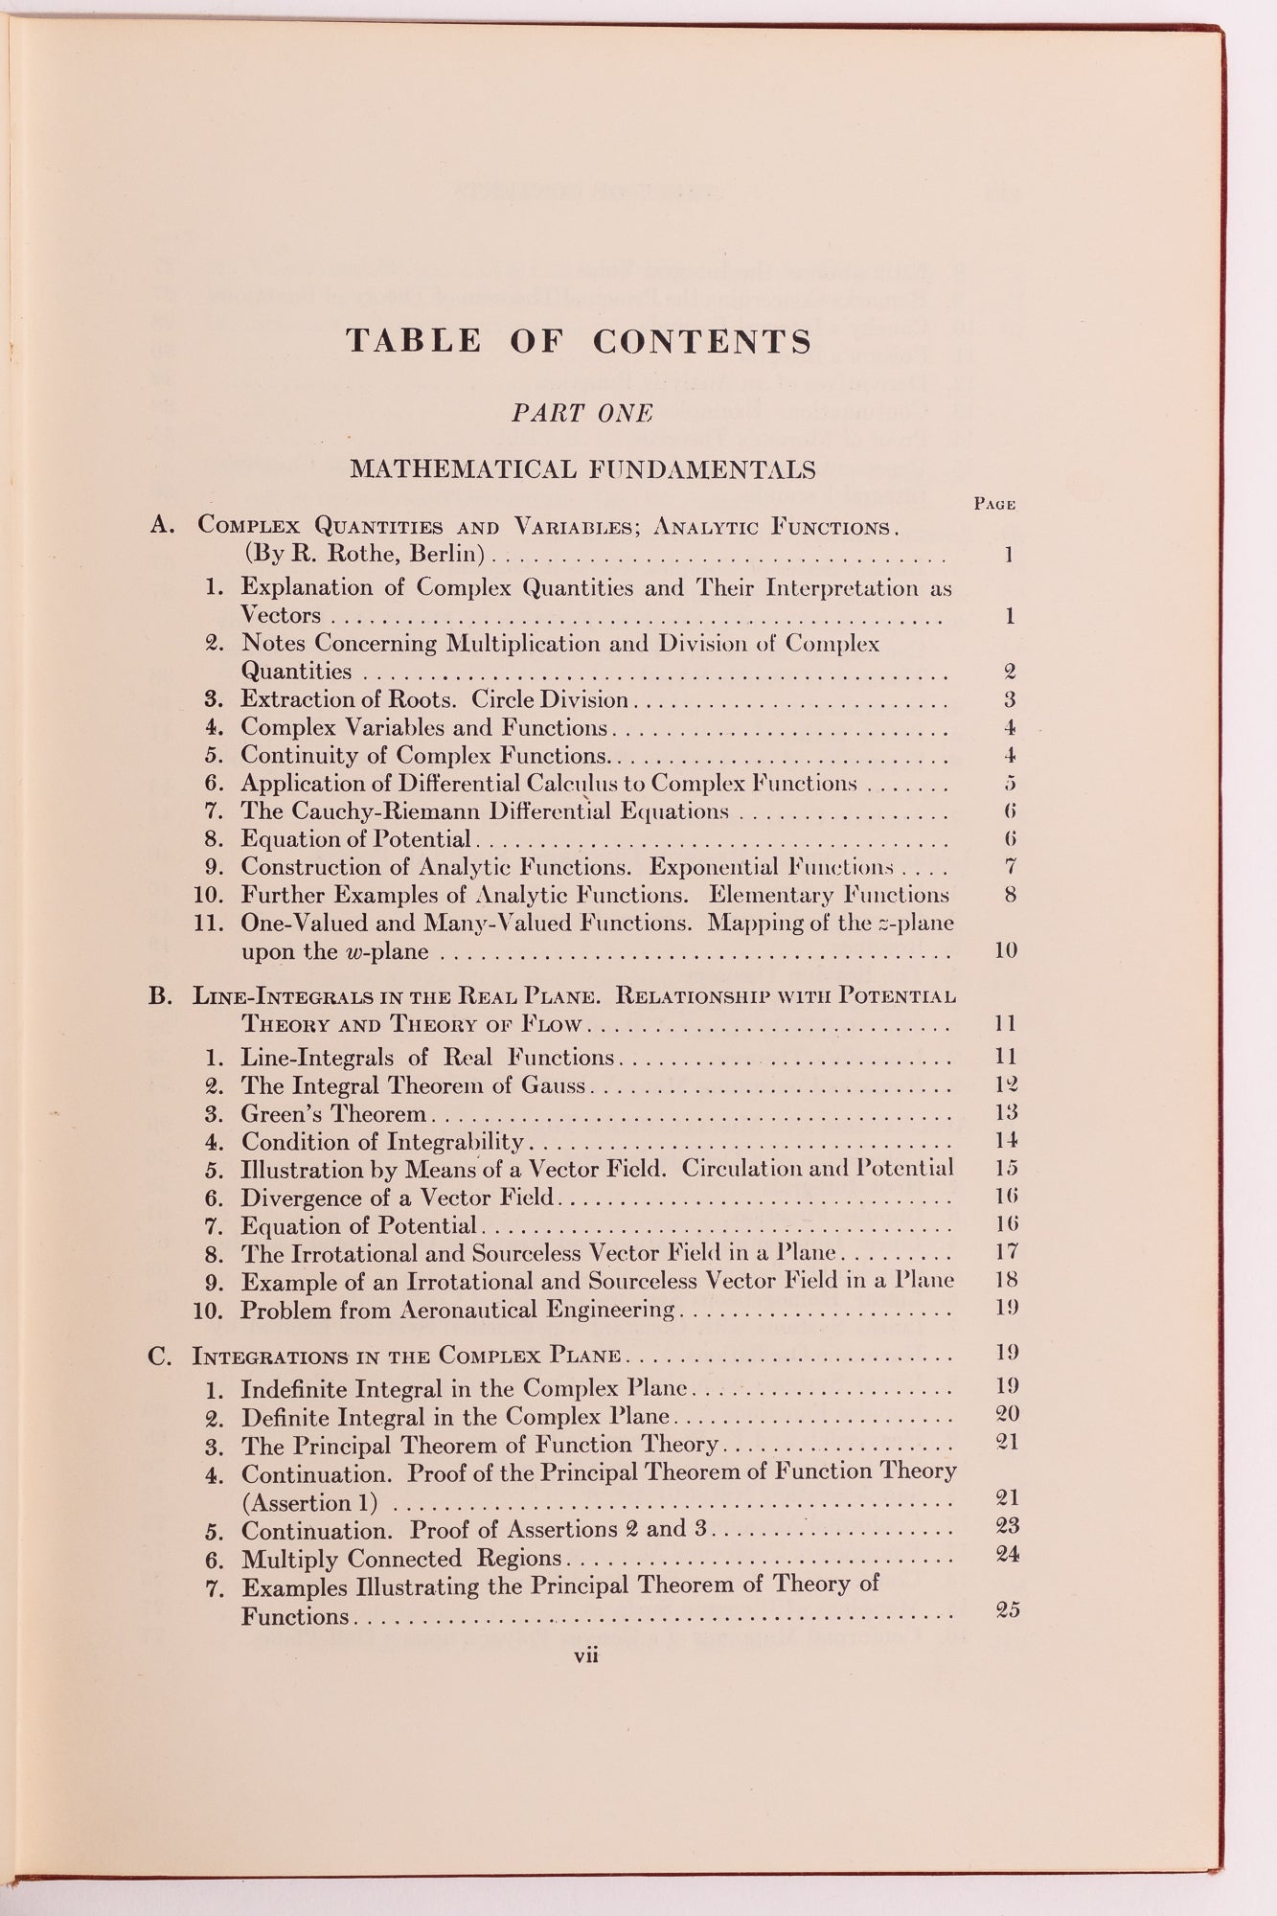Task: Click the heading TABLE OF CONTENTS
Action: point(579,341)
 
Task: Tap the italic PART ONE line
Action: point(581,413)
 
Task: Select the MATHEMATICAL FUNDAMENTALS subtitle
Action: point(582,469)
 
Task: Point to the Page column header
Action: point(994,504)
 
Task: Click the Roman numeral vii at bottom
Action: point(585,1654)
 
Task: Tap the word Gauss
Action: point(553,1085)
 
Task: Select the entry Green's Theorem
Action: point(333,1114)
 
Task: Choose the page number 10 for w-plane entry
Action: point(1005,950)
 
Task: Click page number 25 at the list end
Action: point(1007,1609)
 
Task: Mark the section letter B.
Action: point(159,995)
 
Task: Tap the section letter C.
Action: point(159,1357)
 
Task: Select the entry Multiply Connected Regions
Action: point(400,1559)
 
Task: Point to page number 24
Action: point(1007,1554)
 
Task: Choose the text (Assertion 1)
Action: point(308,1503)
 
